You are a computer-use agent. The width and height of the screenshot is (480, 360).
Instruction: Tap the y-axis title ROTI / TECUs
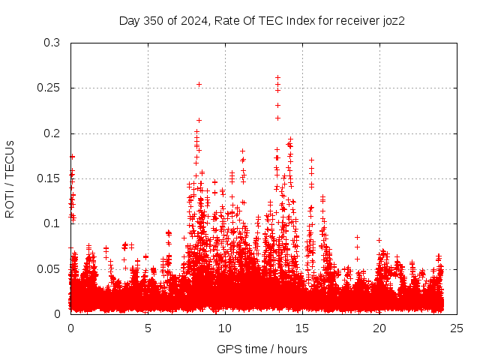coord(10,178)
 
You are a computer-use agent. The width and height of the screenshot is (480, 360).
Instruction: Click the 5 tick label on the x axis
coord(148,328)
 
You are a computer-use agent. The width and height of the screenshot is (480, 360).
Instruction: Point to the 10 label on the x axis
coord(225,328)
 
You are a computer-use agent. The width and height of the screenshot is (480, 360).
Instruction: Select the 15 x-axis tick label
coord(302,328)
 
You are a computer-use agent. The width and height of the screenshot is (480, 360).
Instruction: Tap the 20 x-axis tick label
coord(379,328)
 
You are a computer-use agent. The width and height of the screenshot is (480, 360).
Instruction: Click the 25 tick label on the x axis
coord(457,328)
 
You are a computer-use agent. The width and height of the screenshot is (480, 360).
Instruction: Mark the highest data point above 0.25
coord(277,77)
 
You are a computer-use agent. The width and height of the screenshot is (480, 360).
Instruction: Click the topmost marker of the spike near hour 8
coord(199,84)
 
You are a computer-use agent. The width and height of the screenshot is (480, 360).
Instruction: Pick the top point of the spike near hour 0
coord(72,157)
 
